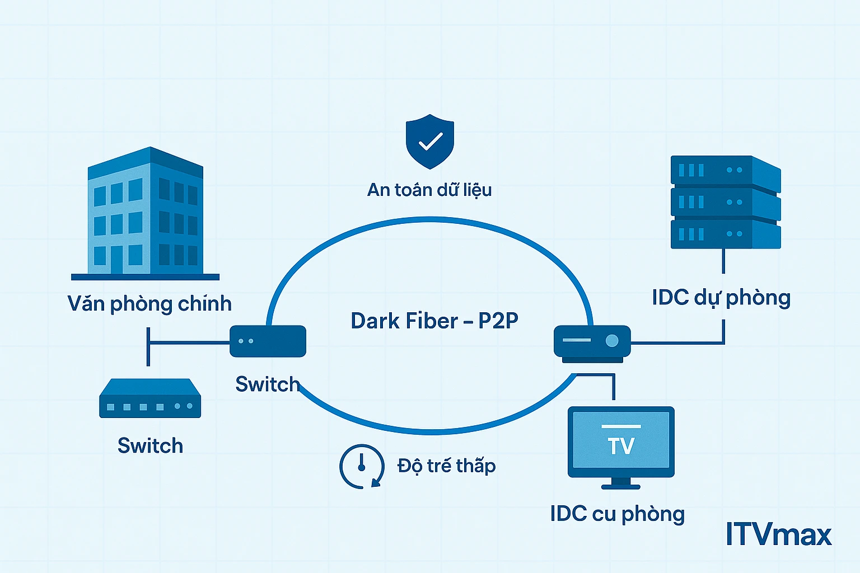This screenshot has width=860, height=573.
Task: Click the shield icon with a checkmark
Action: tap(429, 142)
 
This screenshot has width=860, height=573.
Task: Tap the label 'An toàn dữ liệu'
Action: tap(429, 190)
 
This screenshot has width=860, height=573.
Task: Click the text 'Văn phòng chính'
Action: tap(149, 304)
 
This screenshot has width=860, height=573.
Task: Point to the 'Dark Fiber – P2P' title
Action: tap(434, 321)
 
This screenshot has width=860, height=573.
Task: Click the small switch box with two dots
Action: tap(268, 341)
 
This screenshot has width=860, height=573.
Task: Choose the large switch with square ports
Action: tap(149, 399)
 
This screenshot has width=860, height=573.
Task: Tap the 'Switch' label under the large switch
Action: tap(150, 446)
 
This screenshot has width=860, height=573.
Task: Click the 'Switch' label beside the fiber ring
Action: tap(267, 384)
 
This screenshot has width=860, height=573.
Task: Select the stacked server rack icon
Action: tap(725, 202)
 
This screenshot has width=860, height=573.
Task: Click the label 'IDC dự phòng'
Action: tap(721, 298)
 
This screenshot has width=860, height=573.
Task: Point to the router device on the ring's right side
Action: tap(592, 342)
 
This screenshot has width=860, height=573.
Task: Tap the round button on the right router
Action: tap(612, 340)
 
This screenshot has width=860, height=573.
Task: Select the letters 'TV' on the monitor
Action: tap(621, 446)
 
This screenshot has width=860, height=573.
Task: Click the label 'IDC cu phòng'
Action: tap(617, 514)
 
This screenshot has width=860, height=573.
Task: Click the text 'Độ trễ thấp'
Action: tap(446, 466)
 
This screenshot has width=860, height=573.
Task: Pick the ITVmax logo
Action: tap(778, 534)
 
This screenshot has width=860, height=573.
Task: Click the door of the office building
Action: tap(116, 260)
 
